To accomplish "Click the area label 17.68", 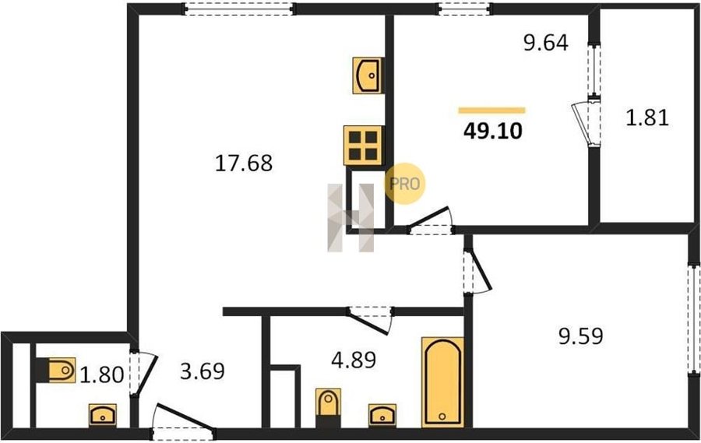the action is pos(244,163).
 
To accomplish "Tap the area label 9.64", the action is pos(546,43).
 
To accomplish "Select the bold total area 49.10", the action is pos(493,131).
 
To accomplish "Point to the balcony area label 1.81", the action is pos(647,118).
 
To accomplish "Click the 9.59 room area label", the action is pos(581,336).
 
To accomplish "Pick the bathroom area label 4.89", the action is pos(354,360).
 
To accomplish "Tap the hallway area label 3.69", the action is pos(203,371).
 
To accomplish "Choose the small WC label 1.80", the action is pos(102,374).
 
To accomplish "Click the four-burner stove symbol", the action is pos(363,146).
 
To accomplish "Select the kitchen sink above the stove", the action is pos(367,76).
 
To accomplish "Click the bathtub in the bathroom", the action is pos(442,381).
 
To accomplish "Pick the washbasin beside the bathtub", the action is pos(382,415).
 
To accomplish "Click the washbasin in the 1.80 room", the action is pos(102,415).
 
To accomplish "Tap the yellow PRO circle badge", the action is pos(405,184).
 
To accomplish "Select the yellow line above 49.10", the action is pos(491,111).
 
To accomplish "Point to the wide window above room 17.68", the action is pos(239,9).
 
